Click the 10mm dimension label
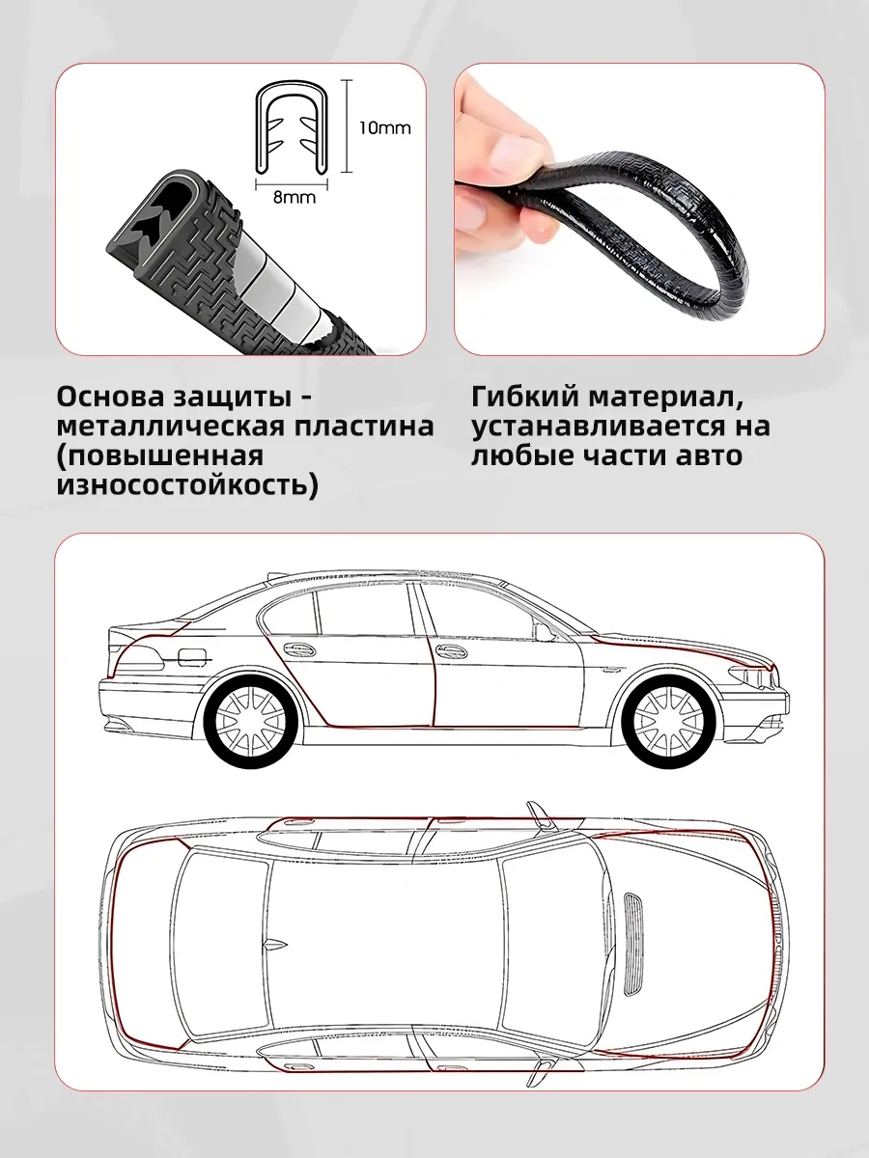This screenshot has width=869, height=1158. pyautogui.click(x=384, y=128)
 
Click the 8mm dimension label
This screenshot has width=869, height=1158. pyautogui.click(x=294, y=197)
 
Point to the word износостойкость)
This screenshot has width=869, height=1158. pyautogui.click(x=188, y=484)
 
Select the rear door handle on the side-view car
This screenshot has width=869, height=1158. pyautogui.click(x=298, y=650)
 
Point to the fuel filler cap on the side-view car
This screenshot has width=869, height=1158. pyautogui.click(x=189, y=658)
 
